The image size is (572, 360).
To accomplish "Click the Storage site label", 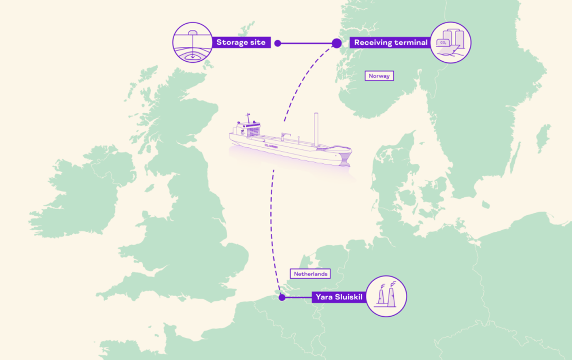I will (x=241, y=43).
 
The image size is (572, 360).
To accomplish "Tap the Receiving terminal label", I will (x=390, y=43).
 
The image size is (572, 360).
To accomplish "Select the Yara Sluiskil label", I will (x=338, y=297).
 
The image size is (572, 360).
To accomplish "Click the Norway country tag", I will (x=379, y=76).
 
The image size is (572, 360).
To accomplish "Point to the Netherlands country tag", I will (x=310, y=274).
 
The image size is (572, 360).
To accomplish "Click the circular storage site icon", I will (x=193, y=43).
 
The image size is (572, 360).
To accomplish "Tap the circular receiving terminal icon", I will (x=450, y=43).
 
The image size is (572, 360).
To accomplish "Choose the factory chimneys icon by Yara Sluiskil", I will (x=386, y=296).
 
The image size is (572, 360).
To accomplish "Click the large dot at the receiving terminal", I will (x=337, y=43).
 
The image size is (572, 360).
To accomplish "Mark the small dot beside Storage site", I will (x=277, y=43).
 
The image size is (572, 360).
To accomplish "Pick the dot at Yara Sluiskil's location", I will (x=282, y=297).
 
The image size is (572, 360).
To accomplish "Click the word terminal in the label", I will (x=410, y=43).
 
